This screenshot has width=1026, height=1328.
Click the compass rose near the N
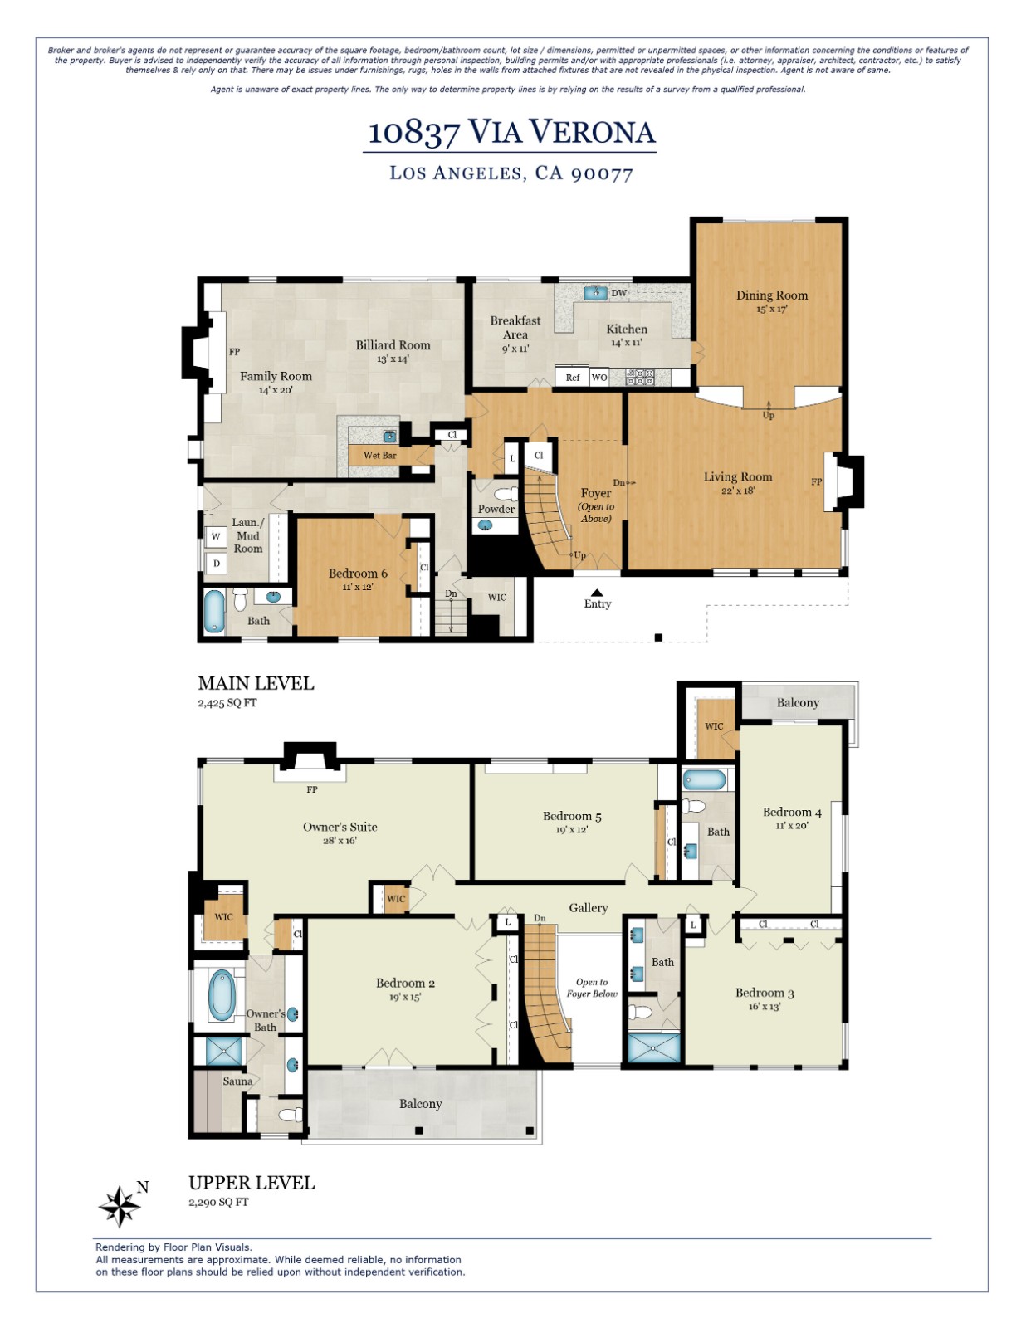[120, 1206]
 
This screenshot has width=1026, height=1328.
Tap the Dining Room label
[771, 295]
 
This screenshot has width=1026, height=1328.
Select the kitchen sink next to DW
[594, 293]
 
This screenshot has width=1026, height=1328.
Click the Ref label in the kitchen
[573, 378]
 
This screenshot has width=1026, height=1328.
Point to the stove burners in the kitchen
[640, 377]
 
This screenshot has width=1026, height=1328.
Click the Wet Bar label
[380, 456]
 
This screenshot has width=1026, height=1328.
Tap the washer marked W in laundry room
[216, 536]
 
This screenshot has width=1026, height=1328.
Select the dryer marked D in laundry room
[217, 564]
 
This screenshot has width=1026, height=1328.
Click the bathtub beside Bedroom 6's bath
[215, 612]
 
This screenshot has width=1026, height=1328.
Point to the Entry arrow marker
[597, 593]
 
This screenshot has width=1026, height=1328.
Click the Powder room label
[496, 509]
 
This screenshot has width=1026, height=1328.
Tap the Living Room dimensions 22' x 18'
[737, 491]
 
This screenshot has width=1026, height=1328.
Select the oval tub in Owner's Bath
[222, 995]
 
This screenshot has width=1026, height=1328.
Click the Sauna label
[237, 1081]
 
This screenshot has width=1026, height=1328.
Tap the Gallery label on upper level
[588, 908]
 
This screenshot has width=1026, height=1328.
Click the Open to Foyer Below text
[592, 988]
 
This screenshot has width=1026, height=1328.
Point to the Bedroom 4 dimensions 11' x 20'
[791, 826]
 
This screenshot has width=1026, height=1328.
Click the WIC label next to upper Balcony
[714, 726]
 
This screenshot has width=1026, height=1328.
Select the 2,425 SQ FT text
[227, 703]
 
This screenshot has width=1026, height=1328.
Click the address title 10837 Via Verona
[511, 132]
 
